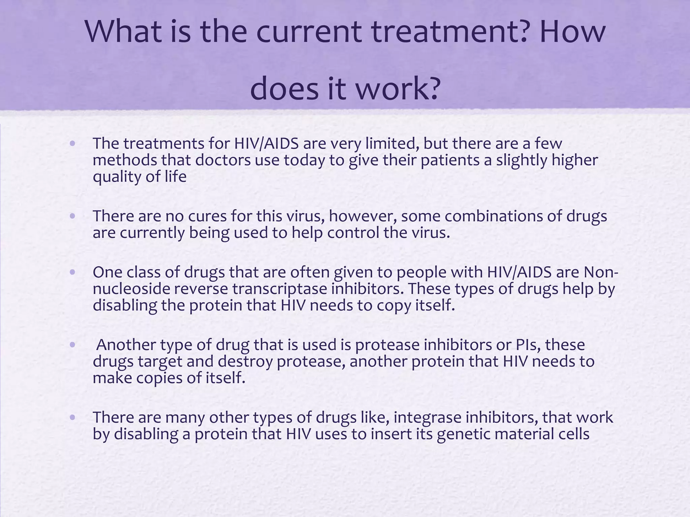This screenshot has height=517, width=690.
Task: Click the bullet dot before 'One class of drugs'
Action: click(72, 272)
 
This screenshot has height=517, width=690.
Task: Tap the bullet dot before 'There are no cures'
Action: click(72, 216)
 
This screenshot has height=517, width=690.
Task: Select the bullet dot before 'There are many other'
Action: click(72, 417)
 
